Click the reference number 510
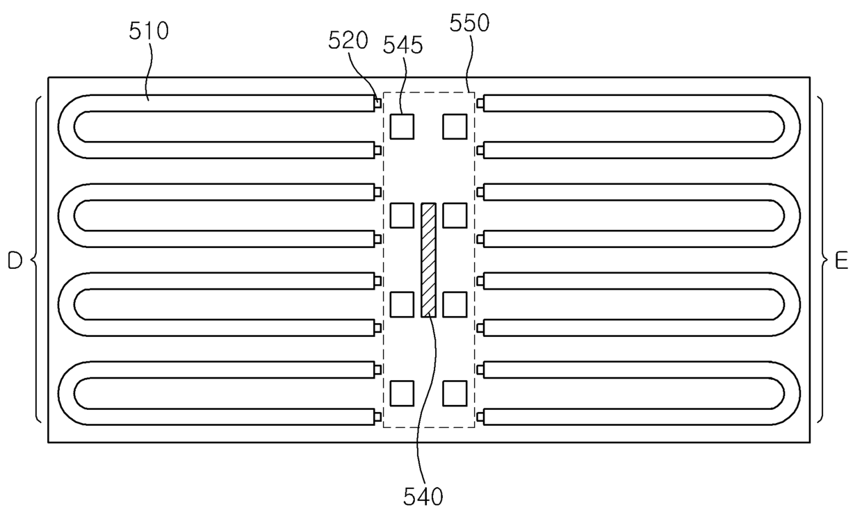coord(148,31)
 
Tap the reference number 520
coord(348,41)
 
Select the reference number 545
coord(402,46)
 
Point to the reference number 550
coord(469,24)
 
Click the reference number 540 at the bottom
coord(423,496)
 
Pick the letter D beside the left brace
coord(15,261)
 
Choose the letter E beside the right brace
coord(841,261)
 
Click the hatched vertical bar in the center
coord(428,260)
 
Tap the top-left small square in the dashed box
coord(402,126)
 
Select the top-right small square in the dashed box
coord(455,126)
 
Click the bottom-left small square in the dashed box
coord(402,393)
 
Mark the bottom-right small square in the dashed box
coord(455,393)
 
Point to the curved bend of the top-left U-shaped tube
coord(67,126)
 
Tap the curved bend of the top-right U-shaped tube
coord(792,126)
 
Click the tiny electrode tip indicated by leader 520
coord(377,104)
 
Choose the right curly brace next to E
coord(823,260)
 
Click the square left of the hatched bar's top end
coord(402,215)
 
